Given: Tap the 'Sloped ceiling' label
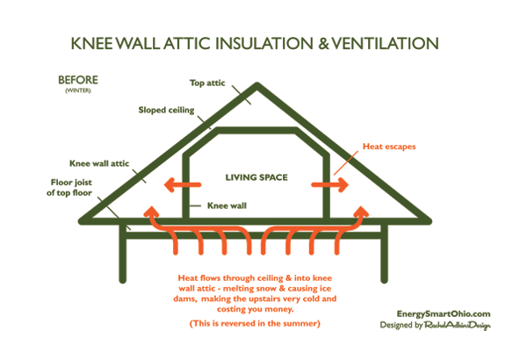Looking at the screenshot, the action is (166, 111).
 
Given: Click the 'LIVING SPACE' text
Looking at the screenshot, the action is (256, 178).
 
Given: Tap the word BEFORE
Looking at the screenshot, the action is (77, 80).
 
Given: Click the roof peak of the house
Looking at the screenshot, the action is (256, 85).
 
